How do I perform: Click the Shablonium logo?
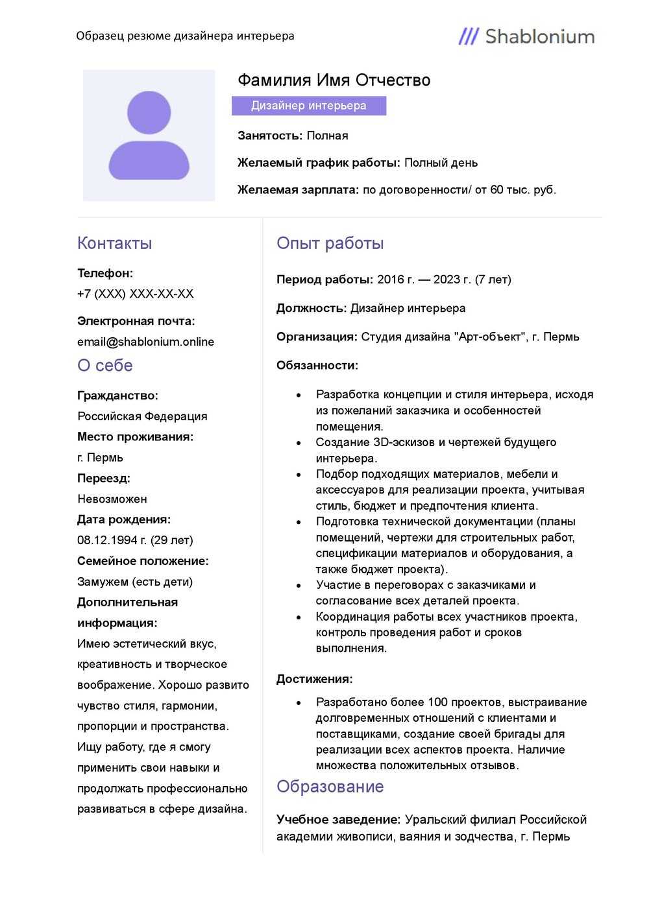526,36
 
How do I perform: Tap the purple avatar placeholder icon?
149,136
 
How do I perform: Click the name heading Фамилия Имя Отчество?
334,80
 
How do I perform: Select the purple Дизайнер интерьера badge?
309,106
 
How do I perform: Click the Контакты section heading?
114,243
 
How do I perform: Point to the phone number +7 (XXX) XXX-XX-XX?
135,294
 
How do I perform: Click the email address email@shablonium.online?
145,342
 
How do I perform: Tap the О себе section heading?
104,366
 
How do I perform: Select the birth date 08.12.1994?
108,540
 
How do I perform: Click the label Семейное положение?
143,561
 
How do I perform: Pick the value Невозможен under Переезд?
112,499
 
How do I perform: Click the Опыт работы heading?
330,243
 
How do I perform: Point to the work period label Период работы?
324,280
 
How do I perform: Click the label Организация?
317,337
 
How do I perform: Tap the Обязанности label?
317,365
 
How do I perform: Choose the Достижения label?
314,679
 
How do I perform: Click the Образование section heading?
330,787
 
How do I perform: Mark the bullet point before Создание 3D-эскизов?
299,443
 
